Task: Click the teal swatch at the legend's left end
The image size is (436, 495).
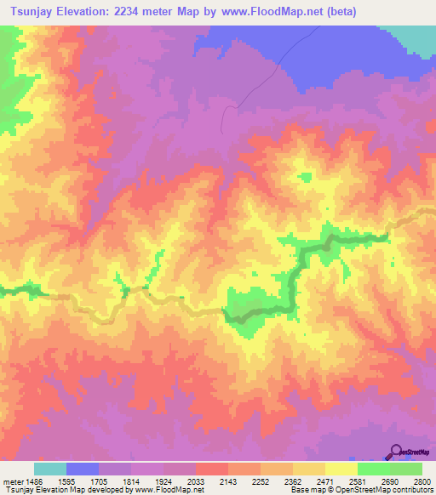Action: pyautogui.click(x=50, y=469)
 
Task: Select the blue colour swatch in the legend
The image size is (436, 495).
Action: pyautogui.click(x=83, y=469)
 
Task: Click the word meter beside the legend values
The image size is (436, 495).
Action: pyautogui.click(x=12, y=481)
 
